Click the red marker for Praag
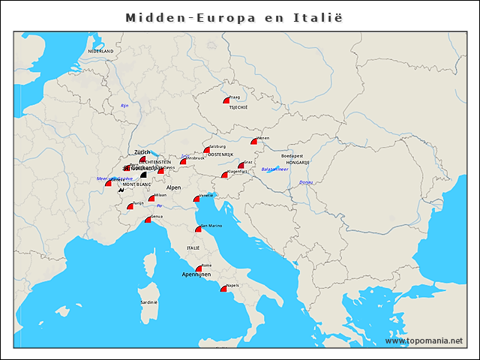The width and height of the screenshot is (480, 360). (226, 100)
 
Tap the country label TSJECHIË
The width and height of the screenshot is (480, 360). (238, 107)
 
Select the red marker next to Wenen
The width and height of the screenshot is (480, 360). (254, 141)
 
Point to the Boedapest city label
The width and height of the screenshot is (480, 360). (292, 156)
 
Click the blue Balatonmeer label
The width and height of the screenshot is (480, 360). (274, 169)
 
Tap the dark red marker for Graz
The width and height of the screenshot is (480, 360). (241, 165)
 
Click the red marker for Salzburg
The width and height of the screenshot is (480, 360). (207, 150)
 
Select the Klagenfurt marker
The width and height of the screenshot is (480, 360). (224, 175)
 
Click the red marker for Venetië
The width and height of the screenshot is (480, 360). (196, 199)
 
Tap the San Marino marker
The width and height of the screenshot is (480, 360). (198, 229)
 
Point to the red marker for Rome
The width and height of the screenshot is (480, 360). (199, 268)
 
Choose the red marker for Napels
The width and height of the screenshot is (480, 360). (223, 288)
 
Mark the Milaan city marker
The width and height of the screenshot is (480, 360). (151, 198)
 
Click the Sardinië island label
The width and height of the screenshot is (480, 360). (148, 302)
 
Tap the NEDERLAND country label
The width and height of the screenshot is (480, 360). (100, 51)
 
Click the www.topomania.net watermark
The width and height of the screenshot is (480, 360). (424, 341)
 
